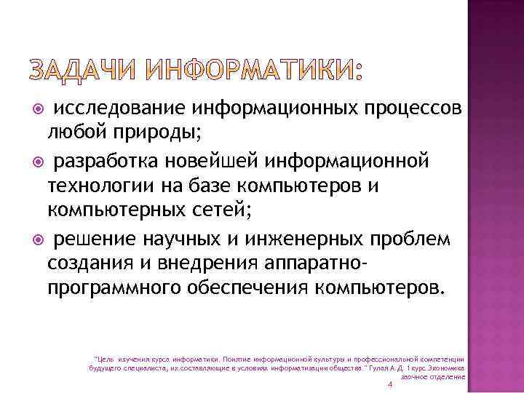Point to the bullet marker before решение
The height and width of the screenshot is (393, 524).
click(x=41, y=239)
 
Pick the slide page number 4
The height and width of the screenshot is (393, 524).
click(x=391, y=385)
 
